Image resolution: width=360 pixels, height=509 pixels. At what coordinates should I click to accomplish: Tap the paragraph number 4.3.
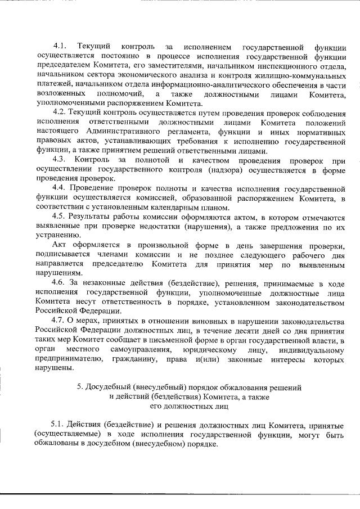[x=59, y=160]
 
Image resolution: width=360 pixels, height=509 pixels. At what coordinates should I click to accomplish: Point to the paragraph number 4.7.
[x=59, y=320]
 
